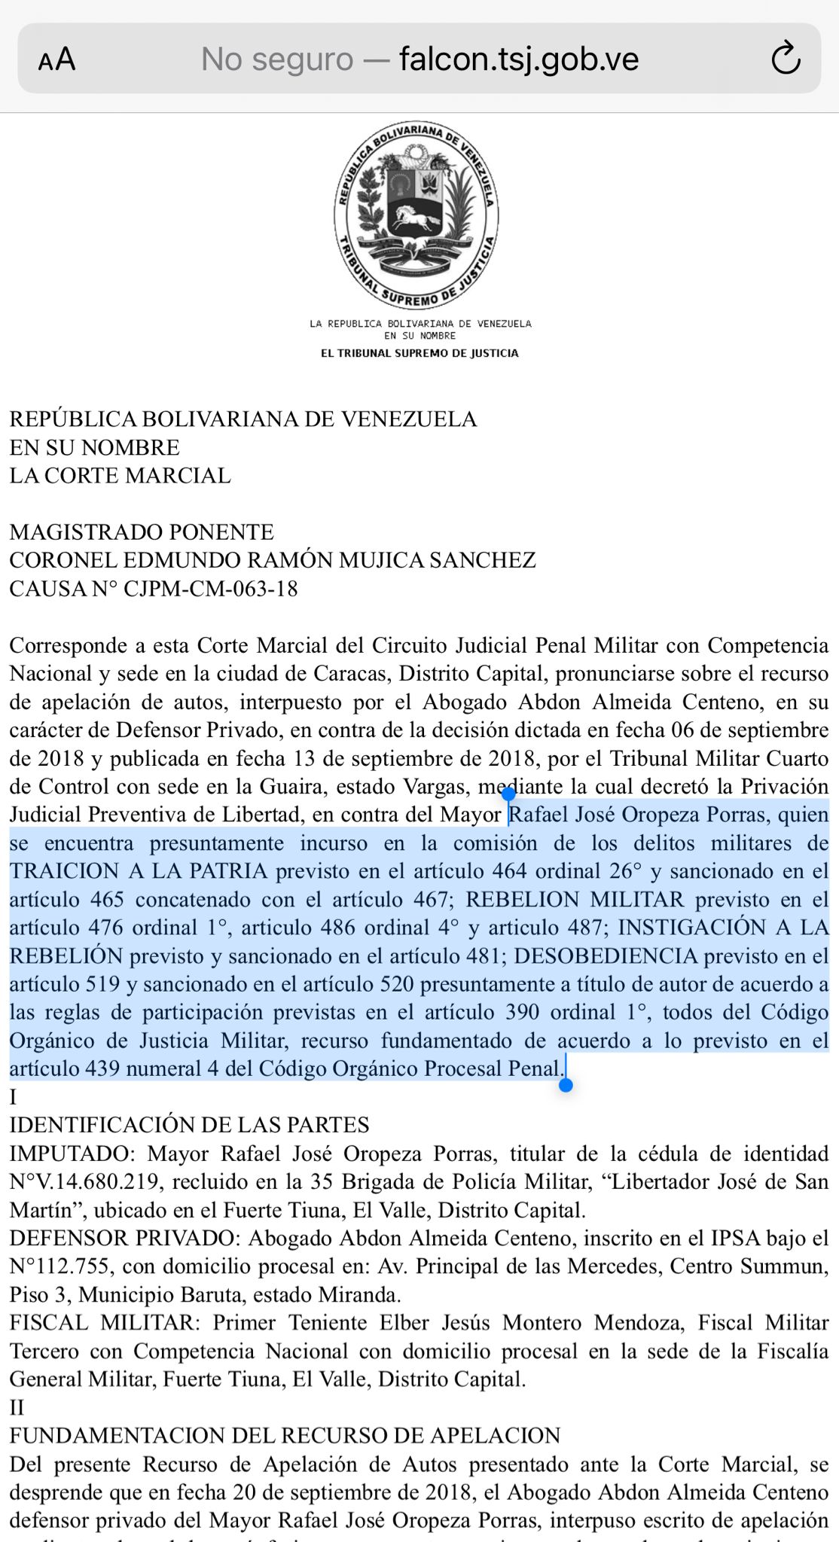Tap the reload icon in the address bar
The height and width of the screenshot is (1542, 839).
point(786,59)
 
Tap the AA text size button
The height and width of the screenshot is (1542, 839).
point(57,59)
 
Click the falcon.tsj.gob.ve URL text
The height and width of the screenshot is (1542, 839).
point(519,59)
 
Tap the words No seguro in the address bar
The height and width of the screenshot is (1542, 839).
point(276,59)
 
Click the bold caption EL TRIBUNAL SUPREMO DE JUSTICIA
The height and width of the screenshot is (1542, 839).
point(419,353)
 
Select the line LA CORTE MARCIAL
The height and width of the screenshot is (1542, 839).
point(120,476)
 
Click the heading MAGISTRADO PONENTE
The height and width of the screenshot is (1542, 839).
point(142,532)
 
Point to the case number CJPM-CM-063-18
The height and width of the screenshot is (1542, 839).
point(210,589)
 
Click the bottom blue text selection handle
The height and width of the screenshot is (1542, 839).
point(566,1085)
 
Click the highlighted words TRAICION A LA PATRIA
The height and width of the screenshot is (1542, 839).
point(139,871)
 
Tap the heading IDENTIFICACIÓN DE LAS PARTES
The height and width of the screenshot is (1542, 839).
point(189,1125)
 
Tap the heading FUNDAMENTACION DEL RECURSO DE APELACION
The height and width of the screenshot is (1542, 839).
point(285,1436)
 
